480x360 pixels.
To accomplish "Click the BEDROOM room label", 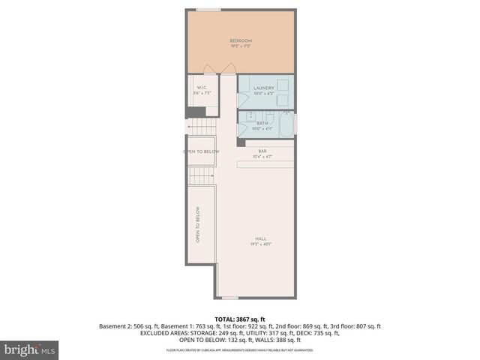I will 240,40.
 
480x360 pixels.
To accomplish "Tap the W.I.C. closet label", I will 202,88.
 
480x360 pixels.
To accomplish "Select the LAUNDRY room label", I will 264,88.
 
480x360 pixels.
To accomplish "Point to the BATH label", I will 262,123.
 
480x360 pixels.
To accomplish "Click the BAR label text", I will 263,151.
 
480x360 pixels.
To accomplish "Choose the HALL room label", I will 260,239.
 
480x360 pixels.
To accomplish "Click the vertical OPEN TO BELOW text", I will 198,225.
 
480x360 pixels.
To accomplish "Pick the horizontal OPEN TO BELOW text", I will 201,151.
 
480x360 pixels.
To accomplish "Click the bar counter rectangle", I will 266,164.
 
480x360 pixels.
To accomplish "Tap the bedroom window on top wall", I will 208,10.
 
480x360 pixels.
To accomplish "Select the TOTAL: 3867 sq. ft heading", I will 240,319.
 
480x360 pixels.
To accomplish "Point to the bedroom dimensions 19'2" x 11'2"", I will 240,46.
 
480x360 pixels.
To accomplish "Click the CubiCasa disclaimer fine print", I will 240,350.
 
